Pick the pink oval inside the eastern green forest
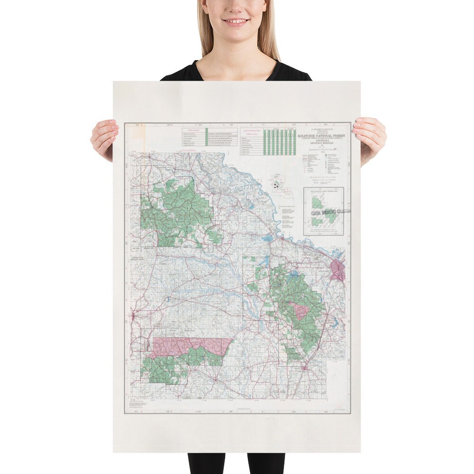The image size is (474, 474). coord(300,310)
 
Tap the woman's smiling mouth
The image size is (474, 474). coord(236,22)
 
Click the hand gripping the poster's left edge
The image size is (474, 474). coord(104,139)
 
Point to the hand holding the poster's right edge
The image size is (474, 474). coord(369,139)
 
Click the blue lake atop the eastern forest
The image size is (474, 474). coord(295,273)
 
